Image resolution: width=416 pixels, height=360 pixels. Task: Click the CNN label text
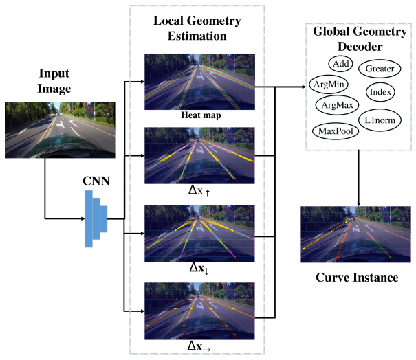(96, 181)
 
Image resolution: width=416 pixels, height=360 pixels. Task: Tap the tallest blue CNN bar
(89, 218)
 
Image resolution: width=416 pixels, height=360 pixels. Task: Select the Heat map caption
(201, 115)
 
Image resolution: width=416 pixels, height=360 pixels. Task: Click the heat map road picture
(199, 82)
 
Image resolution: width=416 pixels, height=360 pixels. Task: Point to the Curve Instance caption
(357, 278)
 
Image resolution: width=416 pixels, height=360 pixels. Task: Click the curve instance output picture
(355, 234)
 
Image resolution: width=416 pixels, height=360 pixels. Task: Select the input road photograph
(60, 130)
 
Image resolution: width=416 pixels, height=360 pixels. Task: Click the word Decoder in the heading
(360, 47)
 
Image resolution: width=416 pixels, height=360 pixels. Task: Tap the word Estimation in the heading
(197, 36)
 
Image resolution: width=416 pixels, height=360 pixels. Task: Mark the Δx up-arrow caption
(199, 190)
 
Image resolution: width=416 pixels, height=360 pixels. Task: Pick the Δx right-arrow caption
(199, 346)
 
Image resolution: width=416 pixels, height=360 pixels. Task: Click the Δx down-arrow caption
(199, 268)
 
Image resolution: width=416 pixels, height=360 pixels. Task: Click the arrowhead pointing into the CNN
(83, 218)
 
